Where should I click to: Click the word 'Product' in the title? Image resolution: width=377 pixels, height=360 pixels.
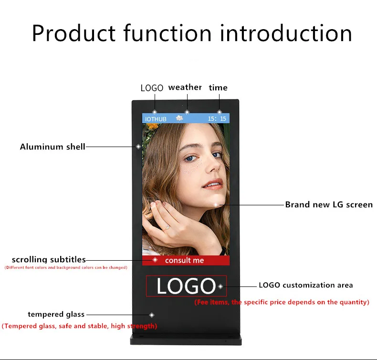74,33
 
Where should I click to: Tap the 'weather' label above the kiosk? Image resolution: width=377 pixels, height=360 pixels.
185,87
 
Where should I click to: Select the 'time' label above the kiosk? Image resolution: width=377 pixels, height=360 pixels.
218,87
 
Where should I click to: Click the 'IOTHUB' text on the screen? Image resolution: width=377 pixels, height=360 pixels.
156,119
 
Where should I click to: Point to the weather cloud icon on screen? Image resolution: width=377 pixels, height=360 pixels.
179,118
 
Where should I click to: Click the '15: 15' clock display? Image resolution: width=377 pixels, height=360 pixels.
217,118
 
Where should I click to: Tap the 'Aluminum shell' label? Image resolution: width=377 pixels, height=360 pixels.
52,147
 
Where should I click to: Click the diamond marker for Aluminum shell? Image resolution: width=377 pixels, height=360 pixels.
138,147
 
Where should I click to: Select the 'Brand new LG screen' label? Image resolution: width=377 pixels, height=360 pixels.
329,205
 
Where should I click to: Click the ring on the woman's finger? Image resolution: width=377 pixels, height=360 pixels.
168,227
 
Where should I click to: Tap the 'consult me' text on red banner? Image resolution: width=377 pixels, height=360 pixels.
184,260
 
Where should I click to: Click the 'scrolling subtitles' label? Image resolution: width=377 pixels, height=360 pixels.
49,259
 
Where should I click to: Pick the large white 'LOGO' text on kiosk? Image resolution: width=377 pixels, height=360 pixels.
186,286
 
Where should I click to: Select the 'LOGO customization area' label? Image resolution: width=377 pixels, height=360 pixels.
306,285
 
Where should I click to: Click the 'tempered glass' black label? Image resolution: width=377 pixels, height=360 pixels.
56,314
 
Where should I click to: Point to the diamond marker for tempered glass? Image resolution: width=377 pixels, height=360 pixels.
152,315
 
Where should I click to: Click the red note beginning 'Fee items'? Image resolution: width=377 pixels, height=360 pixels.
282,302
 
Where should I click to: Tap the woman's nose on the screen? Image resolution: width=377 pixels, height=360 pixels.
213,166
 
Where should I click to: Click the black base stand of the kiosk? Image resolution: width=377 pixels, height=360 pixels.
186,339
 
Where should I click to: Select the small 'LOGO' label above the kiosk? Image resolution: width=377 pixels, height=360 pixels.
152,88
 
